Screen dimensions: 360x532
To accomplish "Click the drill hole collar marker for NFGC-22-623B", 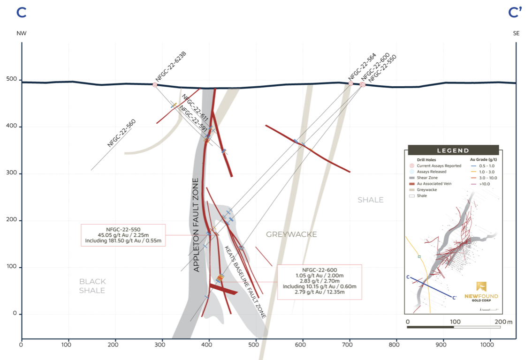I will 155,85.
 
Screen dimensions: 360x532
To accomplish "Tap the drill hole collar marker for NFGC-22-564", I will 350,83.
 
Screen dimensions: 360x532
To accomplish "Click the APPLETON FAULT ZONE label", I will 197,225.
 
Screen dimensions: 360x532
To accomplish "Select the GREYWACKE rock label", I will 291,234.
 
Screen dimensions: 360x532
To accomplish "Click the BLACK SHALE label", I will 92,286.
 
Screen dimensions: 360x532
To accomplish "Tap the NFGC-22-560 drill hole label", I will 122,134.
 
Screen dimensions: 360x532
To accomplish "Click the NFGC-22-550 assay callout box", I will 123,235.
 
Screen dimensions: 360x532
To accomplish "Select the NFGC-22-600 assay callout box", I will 319,282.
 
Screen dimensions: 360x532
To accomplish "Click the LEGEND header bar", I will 453,150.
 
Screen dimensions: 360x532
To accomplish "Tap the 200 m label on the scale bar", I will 503,322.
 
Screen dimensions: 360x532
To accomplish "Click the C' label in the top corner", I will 515,13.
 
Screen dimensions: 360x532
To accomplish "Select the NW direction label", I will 21,33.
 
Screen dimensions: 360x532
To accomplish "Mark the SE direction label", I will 516,33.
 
